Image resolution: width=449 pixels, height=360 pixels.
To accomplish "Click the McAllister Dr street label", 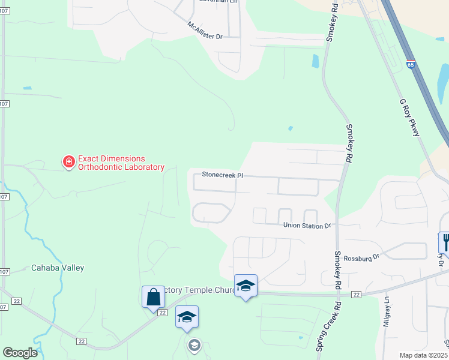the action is pyautogui.click(x=205, y=31).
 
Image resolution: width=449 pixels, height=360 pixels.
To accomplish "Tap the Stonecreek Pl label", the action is pyautogui.click(x=222, y=175).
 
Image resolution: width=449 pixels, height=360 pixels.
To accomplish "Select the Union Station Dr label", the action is pyautogui.click(x=307, y=226).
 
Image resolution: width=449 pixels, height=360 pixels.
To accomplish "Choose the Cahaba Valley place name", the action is pyautogui.click(x=58, y=268).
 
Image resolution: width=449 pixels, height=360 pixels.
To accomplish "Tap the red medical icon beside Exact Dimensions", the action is pyautogui.click(x=69, y=161).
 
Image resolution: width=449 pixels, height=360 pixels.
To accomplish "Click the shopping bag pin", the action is pyautogui.click(x=153, y=296).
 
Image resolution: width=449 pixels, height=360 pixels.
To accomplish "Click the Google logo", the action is pyautogui.click(x=20, y=353).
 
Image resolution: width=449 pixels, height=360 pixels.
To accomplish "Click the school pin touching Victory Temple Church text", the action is pyautogui.click(x=246, y=286).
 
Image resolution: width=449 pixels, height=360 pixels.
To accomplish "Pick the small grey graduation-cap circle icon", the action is pyautogui.click(x=193, y=344).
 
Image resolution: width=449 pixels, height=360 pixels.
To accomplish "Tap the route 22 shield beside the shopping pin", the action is pyautogui.click(x=162, y=313).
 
